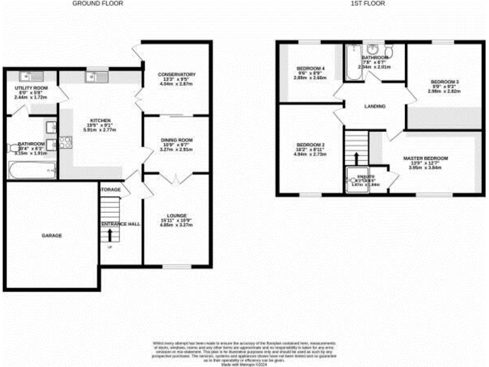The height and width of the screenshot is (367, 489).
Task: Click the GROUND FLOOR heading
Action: (x=97, y=3)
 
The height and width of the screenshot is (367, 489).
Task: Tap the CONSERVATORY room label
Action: (x=176, y=75)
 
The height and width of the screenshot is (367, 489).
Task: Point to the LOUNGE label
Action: (x=176, y=215)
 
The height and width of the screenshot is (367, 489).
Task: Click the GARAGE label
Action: (x=52, y=236)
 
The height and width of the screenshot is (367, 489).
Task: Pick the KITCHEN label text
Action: (x=101, y=120)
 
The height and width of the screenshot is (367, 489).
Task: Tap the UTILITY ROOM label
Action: (x=31, y=87)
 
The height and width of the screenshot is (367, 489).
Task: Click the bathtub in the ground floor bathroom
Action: (x=32, y=170)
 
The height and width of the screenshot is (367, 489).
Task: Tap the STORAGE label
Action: (x=110, y=189)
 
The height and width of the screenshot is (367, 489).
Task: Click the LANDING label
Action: (x=374, y=106)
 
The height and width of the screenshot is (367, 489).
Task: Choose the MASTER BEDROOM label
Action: (x=425, y=158)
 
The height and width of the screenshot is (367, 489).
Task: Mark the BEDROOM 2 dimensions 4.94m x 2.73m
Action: (x=310, y=154)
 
